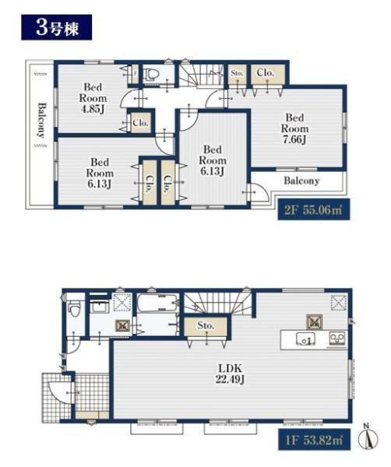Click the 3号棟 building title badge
point(56,27)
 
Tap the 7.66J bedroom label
point(294,128)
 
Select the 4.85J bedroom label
point(93,98)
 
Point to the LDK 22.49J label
point(230,374)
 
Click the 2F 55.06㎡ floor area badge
point(314,210)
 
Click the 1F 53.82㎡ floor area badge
point(315,440)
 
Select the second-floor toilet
point(150,75)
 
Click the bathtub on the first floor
point(158,303)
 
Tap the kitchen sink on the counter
point(305,339)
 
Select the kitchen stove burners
point(337,338)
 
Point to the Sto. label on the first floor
point(206,325)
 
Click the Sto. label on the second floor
point(238,73)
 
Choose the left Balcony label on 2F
point(42,121)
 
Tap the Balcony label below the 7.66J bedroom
point(301,181)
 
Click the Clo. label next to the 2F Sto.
point(266,72)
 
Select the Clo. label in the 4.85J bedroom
point(140,122)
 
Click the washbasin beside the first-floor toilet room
point(100,307)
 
